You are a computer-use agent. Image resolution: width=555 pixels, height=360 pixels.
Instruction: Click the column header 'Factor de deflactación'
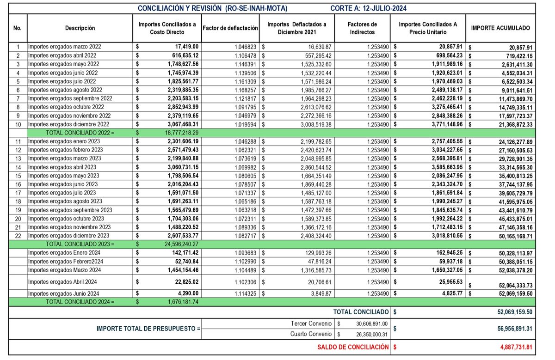coord(230,28)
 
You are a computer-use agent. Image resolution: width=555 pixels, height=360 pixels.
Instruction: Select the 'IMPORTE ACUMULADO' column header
coord(500,28)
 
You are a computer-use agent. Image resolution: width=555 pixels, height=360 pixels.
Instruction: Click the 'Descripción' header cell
coord(80,28)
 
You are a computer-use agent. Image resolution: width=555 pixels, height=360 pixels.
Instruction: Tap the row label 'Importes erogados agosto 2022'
coord(65,90)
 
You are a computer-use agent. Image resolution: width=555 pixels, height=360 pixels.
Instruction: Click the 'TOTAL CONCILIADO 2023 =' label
coord(80,244)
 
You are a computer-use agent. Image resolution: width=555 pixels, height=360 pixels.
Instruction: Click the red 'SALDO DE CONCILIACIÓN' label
coord(353,347)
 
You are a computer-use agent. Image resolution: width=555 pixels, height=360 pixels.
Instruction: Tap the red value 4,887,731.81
coord(513,347)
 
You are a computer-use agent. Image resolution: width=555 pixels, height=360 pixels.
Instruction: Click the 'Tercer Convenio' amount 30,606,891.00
coord(371,324)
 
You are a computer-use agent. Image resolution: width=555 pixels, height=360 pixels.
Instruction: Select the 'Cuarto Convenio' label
coord(311,334)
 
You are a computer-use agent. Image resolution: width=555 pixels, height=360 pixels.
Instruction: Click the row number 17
coord(18,193)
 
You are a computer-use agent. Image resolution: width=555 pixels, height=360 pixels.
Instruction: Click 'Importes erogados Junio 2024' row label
coord(63,293)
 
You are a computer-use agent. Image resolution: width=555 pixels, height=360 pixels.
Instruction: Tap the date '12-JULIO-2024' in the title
coord(382,8)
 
